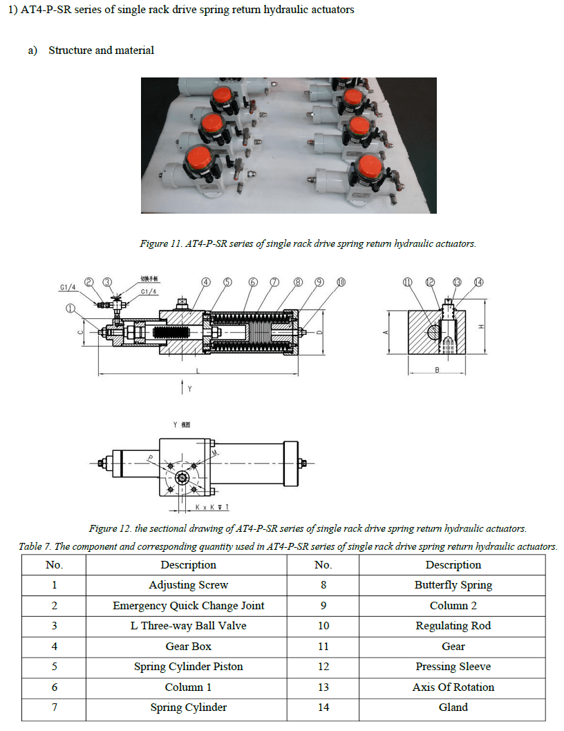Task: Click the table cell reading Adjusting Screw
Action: pyautogui.click(x=188, y=585)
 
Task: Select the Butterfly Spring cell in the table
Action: pyautogui.click(x=453, y=585)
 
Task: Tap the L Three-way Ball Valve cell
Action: pyautogui.click(x=188, y=626)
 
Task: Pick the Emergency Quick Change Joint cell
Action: pyautogui.click(x=188, y=606)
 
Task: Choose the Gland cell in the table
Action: pyautogui.click(x=453, y=707)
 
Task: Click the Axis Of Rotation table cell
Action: pyautogui.click(x=453, y=687)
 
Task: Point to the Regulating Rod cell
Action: pyautogui.click(x=453, y=626)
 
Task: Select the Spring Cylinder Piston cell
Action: pyautogui.click(x=188, y=667)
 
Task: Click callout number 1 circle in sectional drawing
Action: pyautogui.click(x=70, y=308)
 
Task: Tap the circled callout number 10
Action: pyautogui.click(x=341, y=282)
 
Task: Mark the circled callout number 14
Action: pyautogui.click(x=479, y=282)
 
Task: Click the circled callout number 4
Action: pyautogui.click(x=206, y=282)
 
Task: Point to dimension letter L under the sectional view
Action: pyautogui.click(x=198, y=371)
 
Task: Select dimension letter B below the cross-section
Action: pyautogui.click(x=437, y=371)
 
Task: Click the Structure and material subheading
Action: pyautogui.click(x=101, y=50)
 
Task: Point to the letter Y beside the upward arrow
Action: pyautogui.click(x=189, y=389)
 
